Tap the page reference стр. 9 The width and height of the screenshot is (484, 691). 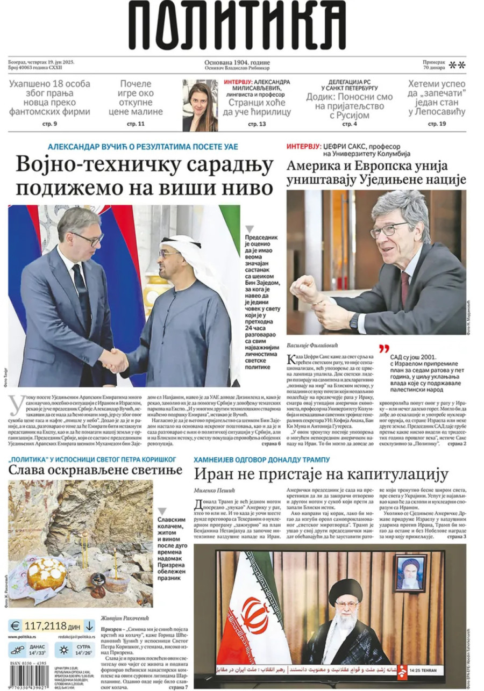49,124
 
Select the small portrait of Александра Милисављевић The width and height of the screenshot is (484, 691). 200,105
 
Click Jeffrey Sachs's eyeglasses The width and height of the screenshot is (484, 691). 388,229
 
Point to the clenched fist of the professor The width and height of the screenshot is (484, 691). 303,289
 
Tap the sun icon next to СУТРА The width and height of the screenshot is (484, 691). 64,650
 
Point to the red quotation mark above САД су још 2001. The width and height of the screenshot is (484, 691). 383,348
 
